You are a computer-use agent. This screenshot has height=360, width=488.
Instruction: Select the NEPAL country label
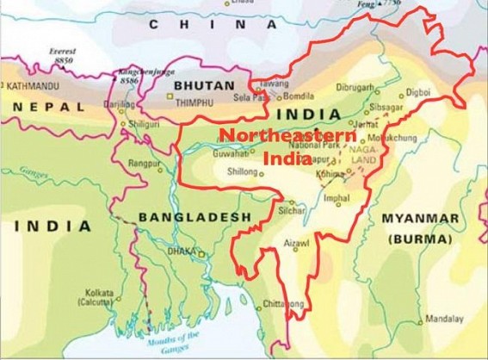(48, 108)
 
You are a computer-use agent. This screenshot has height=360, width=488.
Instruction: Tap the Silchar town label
(293, 210)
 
